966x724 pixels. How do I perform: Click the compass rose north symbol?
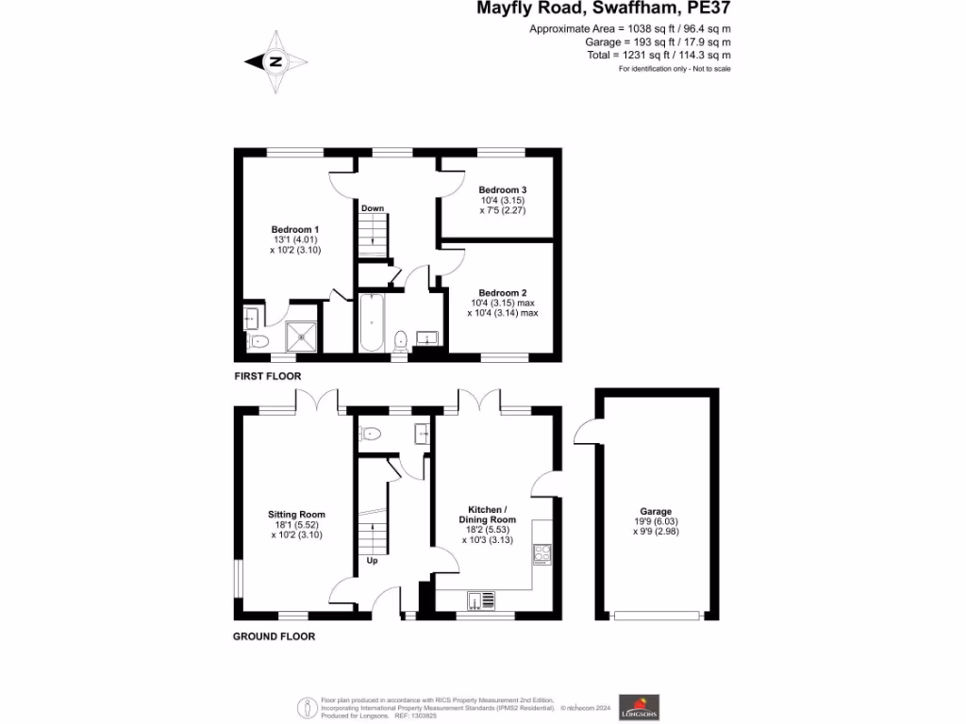(x=276, y=62)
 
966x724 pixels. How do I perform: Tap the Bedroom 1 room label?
(x=295, y=230)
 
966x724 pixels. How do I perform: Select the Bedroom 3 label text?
(x=502, y=189)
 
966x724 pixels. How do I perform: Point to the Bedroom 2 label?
(x=502, y=293)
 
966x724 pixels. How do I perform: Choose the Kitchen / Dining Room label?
(x=488, y=514)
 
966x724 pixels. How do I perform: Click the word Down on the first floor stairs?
(x=372, y=208)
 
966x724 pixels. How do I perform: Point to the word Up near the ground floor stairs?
(x=372, y=561)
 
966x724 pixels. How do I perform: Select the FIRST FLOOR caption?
(x=268, y=376)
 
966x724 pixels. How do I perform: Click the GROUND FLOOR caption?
(x=274, y=636)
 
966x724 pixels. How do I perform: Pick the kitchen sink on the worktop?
(x=481, y=600)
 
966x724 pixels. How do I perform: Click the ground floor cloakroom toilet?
(x=371, y=435)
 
